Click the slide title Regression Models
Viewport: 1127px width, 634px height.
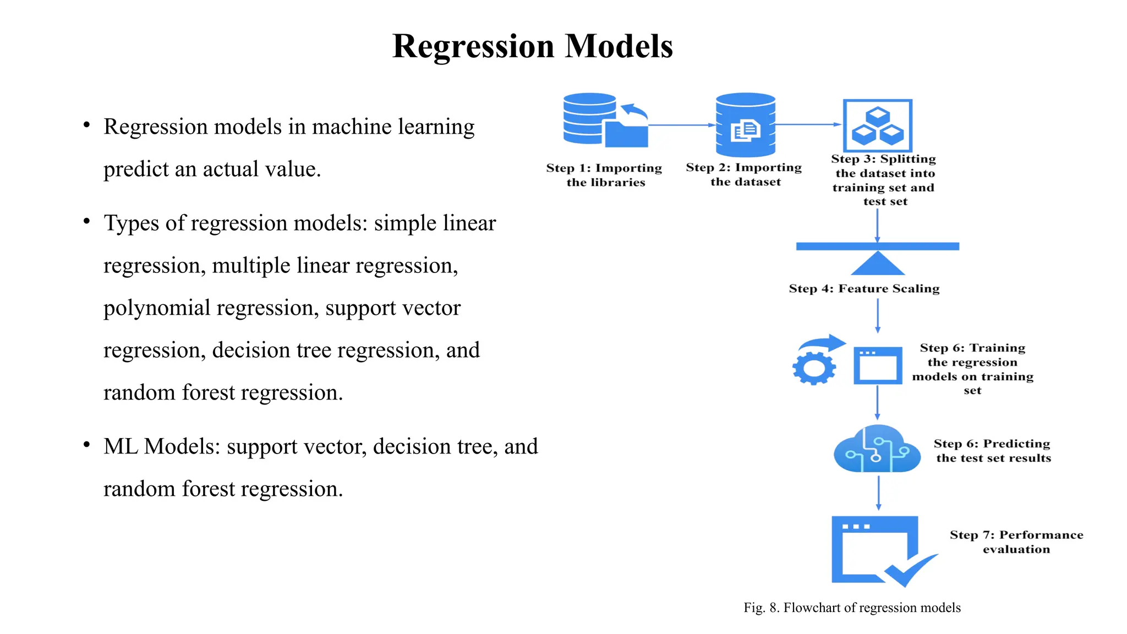pos(532,46)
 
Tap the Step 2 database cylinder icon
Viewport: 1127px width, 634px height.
pos(745,125)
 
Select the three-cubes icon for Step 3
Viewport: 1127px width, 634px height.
pos(877,125)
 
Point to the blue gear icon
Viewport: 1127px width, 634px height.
pos(814,368)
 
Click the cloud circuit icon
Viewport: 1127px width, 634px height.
pos(877,450)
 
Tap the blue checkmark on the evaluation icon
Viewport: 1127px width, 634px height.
pos(910,571)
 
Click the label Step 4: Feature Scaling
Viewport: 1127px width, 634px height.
pos(864,289)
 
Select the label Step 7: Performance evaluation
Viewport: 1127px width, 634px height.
pos(1016,542)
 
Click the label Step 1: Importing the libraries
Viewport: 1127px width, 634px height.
pos(604,175)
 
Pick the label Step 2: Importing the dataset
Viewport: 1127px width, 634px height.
pos(744,174)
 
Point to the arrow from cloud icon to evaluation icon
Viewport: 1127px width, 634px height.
pos(878,493)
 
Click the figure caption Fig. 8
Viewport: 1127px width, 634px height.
pos(852,608)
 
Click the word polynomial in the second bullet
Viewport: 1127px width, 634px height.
pos(157,308)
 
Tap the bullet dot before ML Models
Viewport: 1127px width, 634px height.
pos(86,445)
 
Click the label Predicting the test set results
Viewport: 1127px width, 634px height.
pos(993,451)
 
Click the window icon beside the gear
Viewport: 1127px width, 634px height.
pos(877,365)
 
